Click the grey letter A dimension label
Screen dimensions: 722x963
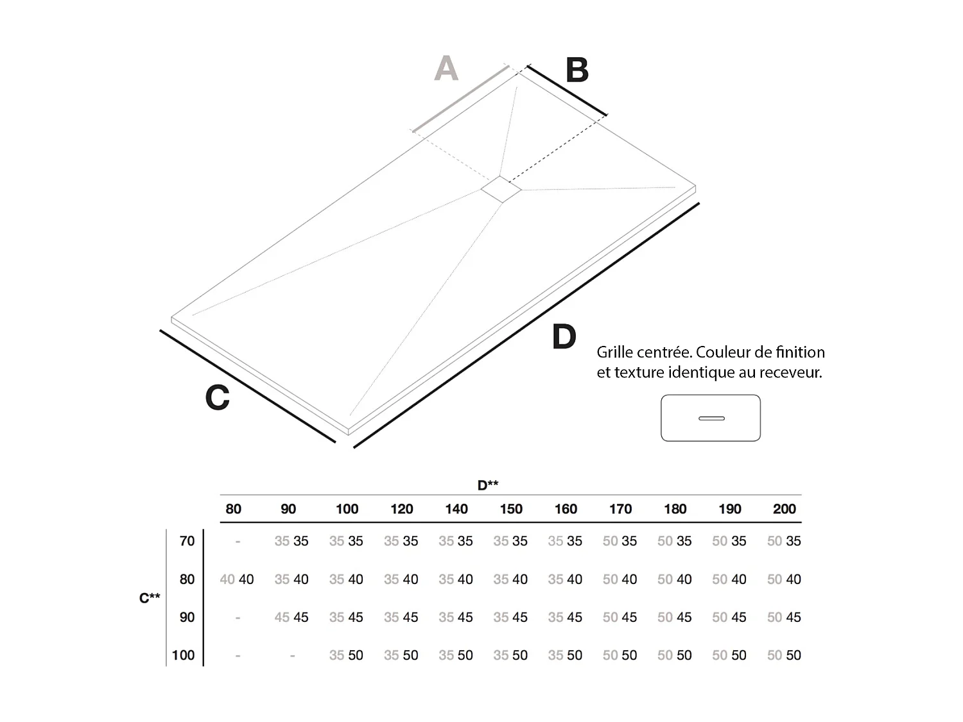(446, 68)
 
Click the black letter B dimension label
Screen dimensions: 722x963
(577, 71)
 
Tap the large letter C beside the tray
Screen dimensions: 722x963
(217, 397)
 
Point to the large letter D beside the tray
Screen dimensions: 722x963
(564, 337)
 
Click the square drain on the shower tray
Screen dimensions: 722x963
(501, 189)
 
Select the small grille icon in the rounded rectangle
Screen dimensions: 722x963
(711, 418)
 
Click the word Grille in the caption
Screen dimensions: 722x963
(619, 352)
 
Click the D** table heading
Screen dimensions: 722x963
(488, 485)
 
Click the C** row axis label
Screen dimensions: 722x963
(150, 598)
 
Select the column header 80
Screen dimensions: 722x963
(234, 509)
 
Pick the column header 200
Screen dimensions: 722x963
(784, 509)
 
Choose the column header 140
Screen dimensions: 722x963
(456, 509)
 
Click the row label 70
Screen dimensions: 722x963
(187, 541)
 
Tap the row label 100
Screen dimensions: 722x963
(183, 655)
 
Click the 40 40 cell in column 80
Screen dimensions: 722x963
(237, 580)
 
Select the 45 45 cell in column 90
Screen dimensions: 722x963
(291, 617)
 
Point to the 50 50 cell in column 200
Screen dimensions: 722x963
(784, 655)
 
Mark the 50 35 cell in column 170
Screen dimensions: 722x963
(620, 541)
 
